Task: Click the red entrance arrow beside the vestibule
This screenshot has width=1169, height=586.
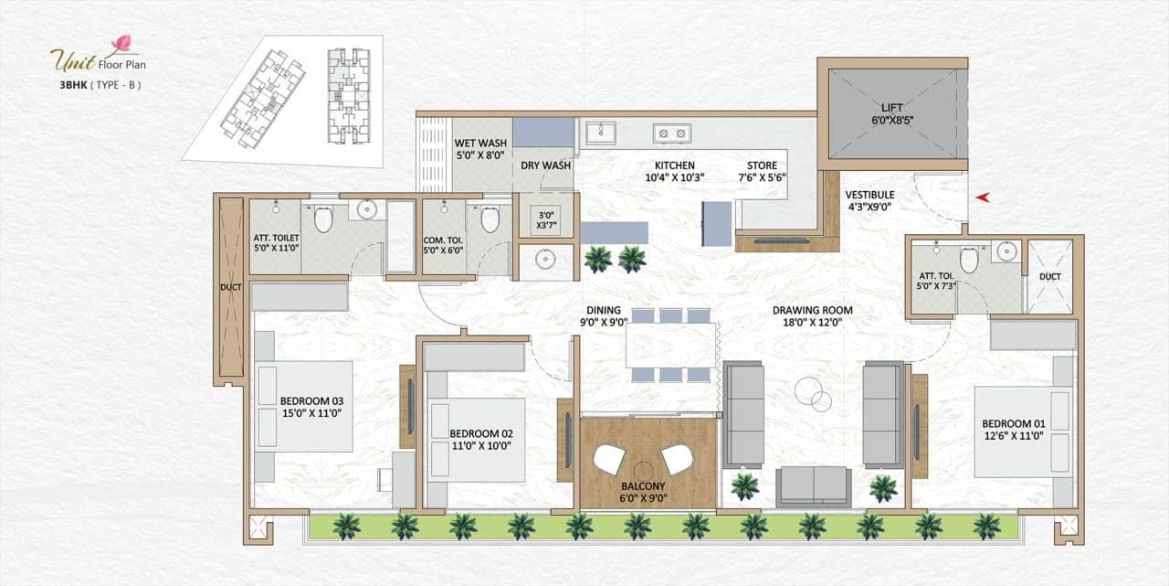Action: [983, 197]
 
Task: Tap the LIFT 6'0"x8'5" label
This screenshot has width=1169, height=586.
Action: [891, 112]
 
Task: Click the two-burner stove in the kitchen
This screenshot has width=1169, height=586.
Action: [671, 133]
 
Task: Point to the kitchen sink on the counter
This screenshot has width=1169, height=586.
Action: [600, 133]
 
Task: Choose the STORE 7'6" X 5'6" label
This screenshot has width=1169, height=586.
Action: [763, 172]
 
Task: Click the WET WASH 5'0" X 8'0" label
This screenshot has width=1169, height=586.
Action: [480, 149]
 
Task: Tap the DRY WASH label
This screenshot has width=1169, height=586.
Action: [545, 165]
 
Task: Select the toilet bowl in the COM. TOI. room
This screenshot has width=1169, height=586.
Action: [490, 220]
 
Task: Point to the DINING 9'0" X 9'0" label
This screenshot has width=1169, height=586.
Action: [604, 316]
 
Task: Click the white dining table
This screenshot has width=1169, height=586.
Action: [671, 345]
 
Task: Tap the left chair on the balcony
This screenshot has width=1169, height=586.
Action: [608, 458]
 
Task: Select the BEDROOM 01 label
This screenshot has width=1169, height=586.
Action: [1013, 430]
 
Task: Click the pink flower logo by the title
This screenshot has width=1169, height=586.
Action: [121, 43]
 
